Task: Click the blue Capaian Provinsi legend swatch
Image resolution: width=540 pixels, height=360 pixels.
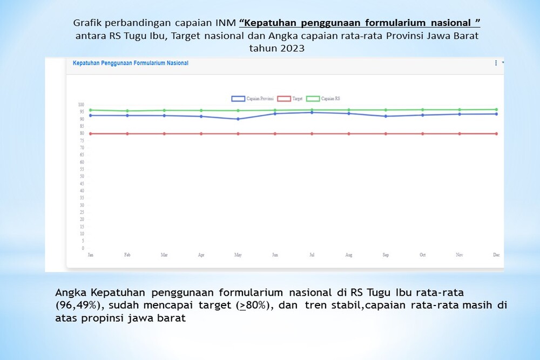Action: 238,99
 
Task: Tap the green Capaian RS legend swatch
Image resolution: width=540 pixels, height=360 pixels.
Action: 313,99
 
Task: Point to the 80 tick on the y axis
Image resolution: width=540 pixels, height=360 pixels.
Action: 81,133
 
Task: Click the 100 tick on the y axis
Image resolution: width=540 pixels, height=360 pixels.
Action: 81,105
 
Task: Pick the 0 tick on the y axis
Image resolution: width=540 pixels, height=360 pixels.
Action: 83,248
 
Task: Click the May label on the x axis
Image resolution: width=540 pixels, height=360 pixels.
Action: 238,255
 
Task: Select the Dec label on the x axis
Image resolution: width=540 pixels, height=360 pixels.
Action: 496,255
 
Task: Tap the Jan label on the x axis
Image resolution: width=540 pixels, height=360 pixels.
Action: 90,255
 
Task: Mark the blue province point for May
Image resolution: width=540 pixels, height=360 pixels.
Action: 238,119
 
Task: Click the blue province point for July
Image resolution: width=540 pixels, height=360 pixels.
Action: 312,112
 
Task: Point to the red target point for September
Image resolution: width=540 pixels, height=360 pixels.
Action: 386,133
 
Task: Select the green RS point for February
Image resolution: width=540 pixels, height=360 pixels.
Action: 127,111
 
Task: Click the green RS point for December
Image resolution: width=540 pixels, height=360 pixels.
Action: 496,110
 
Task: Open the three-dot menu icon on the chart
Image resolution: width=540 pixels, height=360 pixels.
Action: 496,63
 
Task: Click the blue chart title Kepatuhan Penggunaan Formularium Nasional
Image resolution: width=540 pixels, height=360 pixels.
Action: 130,63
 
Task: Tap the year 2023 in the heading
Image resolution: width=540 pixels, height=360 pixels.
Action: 292,47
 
